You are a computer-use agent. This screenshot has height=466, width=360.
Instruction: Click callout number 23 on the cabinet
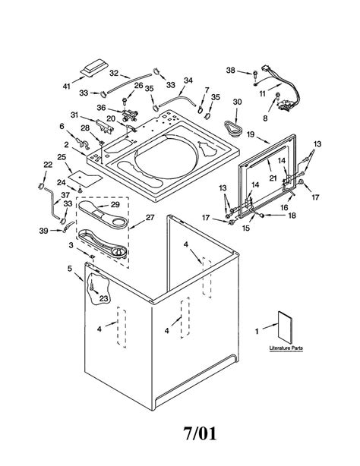tap(103, 298)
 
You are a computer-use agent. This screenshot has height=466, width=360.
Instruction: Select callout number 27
tap(150, 217)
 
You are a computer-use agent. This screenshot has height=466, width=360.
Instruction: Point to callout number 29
tap(115, 204)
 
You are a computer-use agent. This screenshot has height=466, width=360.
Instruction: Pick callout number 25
tap(62, 156)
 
